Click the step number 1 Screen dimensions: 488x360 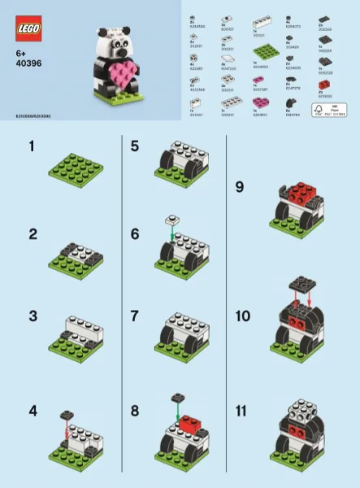coord(33,147)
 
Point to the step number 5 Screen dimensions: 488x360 coord(135,147)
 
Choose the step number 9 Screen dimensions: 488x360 coord(239,186)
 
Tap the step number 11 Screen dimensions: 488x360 coord(240,411)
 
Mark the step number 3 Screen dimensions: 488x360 coord(33,316)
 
